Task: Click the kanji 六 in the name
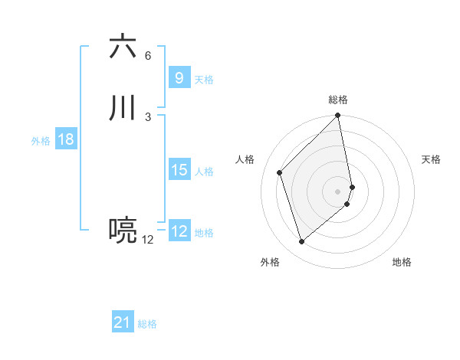pyautogui.click(x=123, y=47)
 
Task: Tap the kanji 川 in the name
pyautogui.click(x=123, y=108)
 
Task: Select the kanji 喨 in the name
pyautogui.click(x=123, y=231)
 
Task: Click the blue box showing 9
pyautogui.click(x=179, y=77)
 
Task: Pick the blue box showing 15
pyautogui.click(x=179, y=170)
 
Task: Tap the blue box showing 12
pyautogui.click(x=179, y=231)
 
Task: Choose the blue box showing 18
pyautogui.click(x=65, y=139)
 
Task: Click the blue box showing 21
pyautogui.click(x=123, y=322)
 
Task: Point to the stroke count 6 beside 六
pyautogui.click(x=148, y=56)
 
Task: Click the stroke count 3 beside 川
pyautogui.click(x=148, y=116)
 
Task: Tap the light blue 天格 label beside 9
pyautogui.click(x=204, y=80)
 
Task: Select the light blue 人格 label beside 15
pyautogui.click(x=204, y=172)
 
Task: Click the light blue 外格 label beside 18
pyautogui.click(x=41, y=141)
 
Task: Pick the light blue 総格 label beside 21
pyautogui.click(x=147, y=324)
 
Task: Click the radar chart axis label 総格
pyautogui.click(x=338, y=100)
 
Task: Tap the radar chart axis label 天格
pyautogui.click(x=431, y=159)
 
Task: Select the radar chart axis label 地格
pyautogui.click(x=402, y=262)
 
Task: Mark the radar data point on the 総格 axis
pyautogui.click(x=337, y=116)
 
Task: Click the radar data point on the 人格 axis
pyautogui.click(x=280, y=172)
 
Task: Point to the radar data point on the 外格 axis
pyautogui.click(x=301, y=242)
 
